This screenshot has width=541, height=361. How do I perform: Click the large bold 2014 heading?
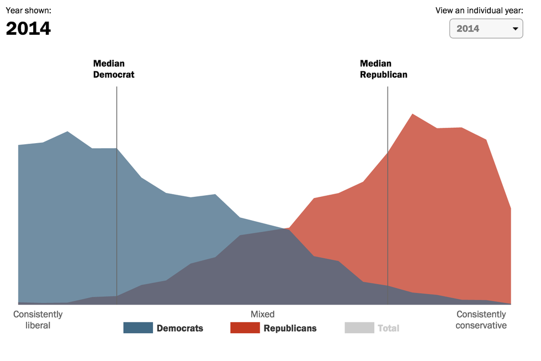click(28, 28)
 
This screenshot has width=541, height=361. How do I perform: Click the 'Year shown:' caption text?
click(28, 10)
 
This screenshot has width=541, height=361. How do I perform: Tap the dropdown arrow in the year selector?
click(516, 29)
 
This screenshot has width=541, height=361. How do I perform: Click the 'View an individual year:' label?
click(479, 10)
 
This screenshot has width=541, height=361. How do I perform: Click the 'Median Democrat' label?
click(113, 69)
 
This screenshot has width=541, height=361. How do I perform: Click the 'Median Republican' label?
click(383, 69)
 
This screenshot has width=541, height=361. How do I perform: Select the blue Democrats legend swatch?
click(137, 328)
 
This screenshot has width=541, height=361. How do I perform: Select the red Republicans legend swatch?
click(245, 328)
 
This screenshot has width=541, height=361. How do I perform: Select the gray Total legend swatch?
click(359, 328)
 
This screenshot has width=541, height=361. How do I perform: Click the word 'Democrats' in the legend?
click(179, 328)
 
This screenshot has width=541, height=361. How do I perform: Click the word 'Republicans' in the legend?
click(290, 328)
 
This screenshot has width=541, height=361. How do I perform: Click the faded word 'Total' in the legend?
click(388, 328)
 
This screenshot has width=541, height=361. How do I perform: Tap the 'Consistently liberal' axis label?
click(38, 320)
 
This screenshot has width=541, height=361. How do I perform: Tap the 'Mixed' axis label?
click(262, 315)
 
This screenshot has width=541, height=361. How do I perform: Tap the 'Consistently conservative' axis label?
click(481, 320)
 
